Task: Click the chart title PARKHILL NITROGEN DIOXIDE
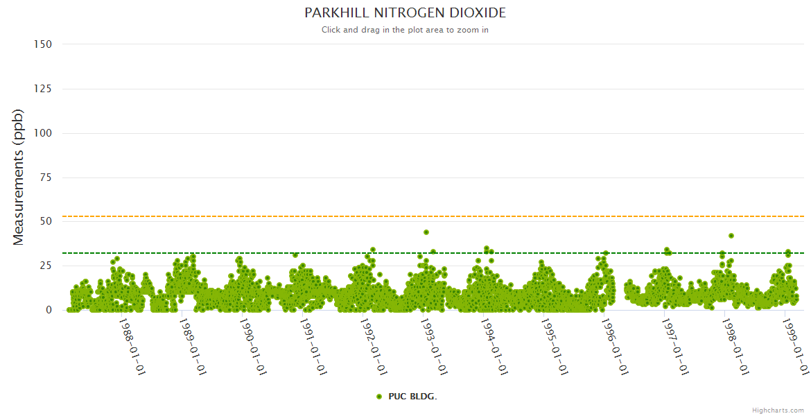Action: tap(405, 13)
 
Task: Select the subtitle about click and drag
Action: tap(405, 30)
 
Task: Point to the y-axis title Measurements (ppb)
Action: tap(19, 177)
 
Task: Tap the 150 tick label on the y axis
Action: tap(43, 44)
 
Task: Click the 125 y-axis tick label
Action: tap(43, 89)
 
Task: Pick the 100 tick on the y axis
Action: tap(43, 133)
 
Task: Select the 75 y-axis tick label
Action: tap(46, 177)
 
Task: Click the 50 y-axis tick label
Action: tap(46, 222)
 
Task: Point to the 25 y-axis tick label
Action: tap(46, 266)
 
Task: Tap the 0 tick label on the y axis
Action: tap(49, 310)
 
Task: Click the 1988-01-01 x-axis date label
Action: tap(132, 347)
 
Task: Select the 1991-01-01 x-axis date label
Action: tap(313, 347)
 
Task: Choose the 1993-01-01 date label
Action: tap(433, 347)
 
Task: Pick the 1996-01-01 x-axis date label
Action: tap(614, 347)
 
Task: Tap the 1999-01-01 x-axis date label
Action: tap(795, 347)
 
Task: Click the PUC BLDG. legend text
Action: tap(412, 397)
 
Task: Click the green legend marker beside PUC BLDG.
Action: tap(379, 397)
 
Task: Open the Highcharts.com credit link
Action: tap(778, 410)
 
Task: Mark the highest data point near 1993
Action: tap(426, 232)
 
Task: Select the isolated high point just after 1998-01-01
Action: tap(731, 236)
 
